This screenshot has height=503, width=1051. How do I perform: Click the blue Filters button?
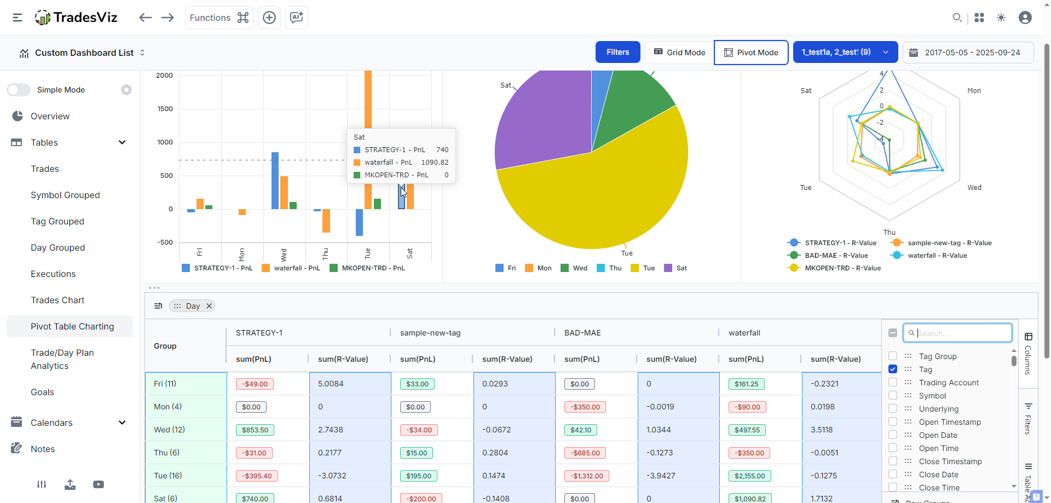[617, 53]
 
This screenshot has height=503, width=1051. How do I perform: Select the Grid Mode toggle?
[680, 53]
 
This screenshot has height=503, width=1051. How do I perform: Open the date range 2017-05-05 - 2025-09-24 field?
[968, 53]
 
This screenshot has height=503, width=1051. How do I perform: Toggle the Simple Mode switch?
[19, 90]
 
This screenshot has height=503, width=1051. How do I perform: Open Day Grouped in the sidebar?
[57, 247]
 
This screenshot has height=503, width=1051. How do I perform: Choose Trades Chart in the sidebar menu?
[57, 300]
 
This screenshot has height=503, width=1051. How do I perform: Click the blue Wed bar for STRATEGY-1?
[275, 181]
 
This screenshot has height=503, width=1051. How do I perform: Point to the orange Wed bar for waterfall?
[284, 193]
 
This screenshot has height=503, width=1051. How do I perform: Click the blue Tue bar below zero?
[359, 222]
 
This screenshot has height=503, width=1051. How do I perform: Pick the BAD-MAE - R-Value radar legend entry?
[828, 256]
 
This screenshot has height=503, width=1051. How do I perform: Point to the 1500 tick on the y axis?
[165, 109]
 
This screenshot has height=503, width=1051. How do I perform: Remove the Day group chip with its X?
[209, 306]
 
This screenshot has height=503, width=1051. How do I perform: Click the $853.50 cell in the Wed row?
[255, 430]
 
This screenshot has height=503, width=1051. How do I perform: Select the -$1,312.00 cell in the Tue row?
[587, 476]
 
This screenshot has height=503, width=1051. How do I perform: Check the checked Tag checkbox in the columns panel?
[893, 369]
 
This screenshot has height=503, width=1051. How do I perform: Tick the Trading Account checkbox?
[893, 383]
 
